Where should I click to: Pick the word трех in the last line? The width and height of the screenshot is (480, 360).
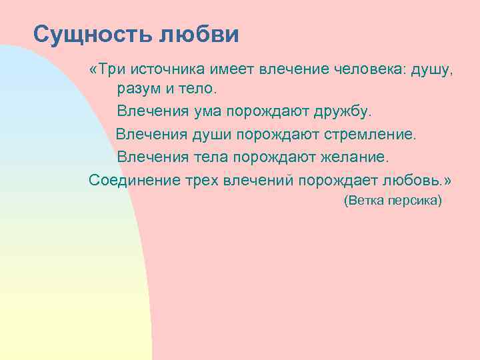[203, 181]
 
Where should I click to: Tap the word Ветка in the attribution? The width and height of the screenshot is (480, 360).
[365, 200]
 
